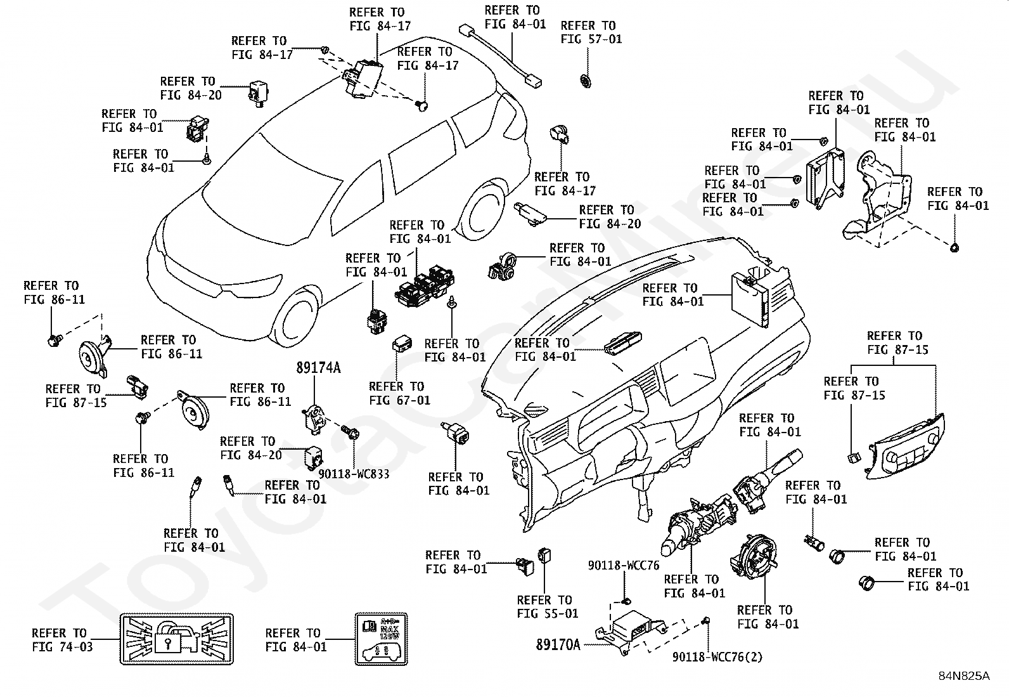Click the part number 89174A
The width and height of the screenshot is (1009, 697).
point(319,368)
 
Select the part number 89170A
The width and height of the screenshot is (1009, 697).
point(558,645)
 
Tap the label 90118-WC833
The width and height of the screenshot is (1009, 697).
point(354,474)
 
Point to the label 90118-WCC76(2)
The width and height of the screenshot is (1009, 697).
point(717,657)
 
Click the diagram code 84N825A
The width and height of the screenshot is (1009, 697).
point(963,675)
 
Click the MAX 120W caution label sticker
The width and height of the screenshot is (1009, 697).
point(380,639)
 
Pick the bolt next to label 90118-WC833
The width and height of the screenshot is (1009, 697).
point(350,433)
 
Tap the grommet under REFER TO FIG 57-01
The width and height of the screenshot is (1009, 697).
point(586,81)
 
